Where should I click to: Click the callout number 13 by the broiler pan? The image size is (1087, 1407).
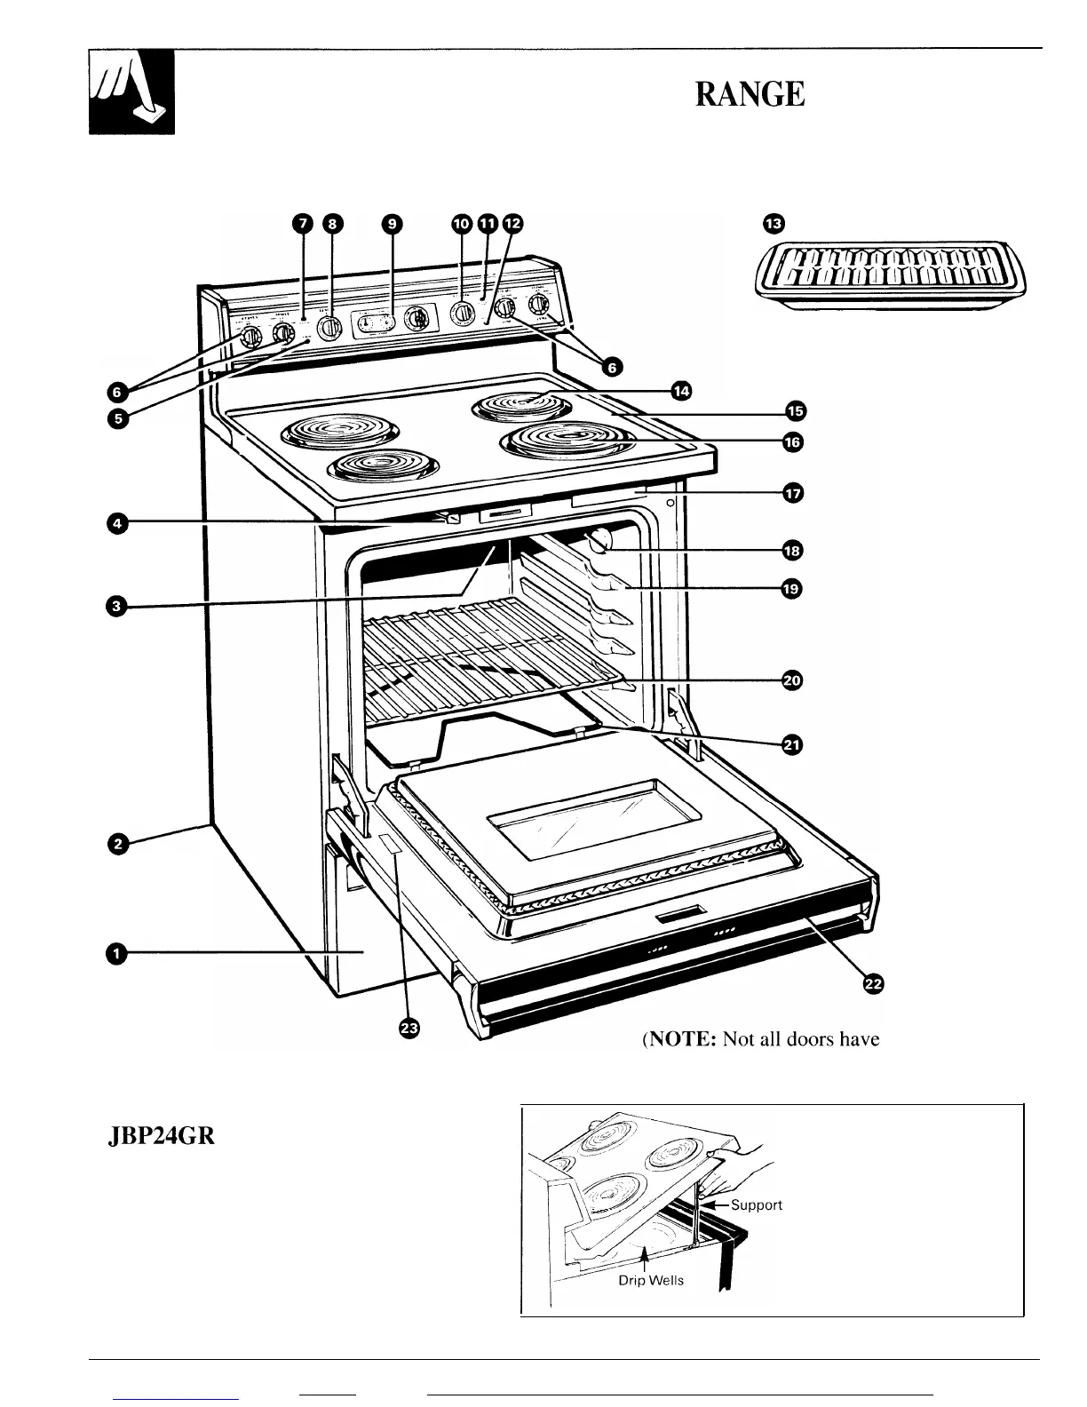[x=774, y=224]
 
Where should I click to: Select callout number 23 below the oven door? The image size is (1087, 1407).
[x=409, y=1029]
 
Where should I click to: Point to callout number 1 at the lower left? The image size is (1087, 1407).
[x=115, y=953]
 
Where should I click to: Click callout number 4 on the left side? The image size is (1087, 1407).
[x=115, y=524]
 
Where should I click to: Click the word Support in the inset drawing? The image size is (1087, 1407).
[x=756, y=1204]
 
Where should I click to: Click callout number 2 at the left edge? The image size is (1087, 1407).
[x=115, y=843]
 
